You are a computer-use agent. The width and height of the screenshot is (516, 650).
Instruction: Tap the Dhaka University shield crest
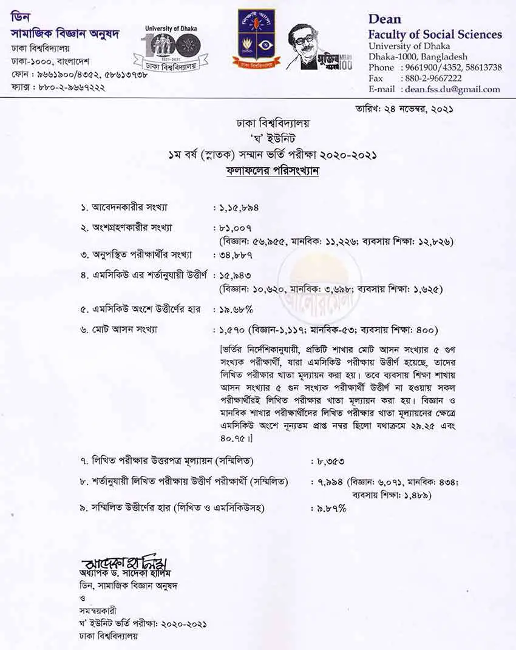coord(256,39)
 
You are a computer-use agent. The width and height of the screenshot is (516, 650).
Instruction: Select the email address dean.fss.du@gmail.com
coord(452,89)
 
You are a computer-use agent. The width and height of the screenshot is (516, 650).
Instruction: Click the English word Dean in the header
coord(385,20)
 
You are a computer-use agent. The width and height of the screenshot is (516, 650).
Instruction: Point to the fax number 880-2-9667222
coord(432,78)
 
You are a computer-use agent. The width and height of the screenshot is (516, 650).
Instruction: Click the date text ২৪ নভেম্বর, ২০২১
coord(419,109)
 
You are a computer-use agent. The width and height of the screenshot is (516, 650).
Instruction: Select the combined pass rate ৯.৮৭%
coord(331,509)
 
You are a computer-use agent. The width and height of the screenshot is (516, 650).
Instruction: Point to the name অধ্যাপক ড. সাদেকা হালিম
coord(122,573)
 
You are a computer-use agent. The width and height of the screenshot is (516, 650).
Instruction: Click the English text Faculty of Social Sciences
coord(435,35)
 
